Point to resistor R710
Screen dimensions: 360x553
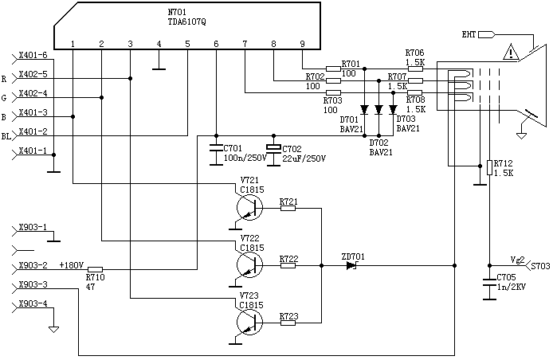tap(95, 268)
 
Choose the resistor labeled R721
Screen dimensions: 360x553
tap(288, 208)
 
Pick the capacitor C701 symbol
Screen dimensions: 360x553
tap(215, 148)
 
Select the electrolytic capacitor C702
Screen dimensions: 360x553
tap(273, 149)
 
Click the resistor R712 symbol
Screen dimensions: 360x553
tap(489, 166)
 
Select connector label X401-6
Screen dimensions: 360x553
tap(33, 56)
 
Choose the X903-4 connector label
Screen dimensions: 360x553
tap(33, 304)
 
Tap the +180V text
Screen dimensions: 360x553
tap(71, 264)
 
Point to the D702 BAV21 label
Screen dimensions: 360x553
tap(379, 147)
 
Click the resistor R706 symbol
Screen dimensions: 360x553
tap(415, 68)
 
